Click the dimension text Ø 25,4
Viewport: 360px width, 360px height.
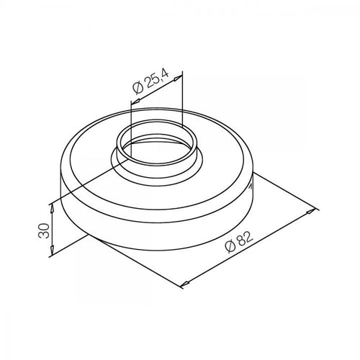(150, 81)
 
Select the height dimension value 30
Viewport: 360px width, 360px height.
(44, 230)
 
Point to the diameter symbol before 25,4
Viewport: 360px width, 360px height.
(138, 87)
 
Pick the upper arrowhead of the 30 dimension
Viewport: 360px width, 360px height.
(52, 209)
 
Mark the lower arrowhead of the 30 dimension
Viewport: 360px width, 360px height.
(52, 251)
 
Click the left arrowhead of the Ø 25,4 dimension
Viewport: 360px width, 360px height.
(135, 102)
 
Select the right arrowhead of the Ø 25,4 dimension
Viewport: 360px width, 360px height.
(178, 78)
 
